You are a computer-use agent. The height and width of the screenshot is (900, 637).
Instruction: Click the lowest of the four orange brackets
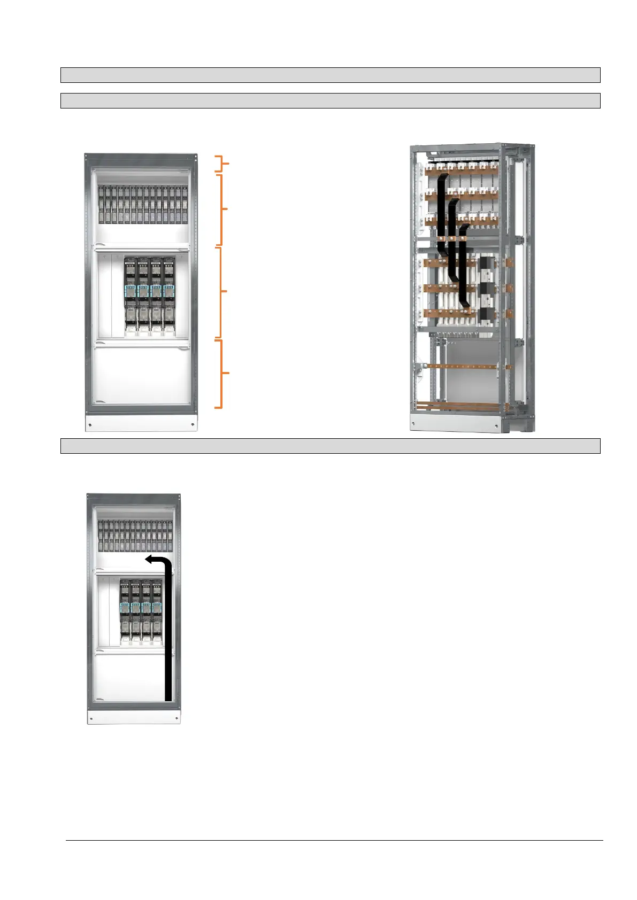[x=219, y=373]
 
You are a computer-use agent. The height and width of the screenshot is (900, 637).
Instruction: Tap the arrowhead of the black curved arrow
[x=150, y=559]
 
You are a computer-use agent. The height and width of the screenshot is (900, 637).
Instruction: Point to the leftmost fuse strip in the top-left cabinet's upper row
[x=102, y=204]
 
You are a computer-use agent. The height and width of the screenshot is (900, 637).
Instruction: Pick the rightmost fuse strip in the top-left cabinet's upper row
[x=185, y=204]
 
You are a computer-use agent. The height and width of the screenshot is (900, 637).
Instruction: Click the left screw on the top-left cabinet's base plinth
[x=90, y=425]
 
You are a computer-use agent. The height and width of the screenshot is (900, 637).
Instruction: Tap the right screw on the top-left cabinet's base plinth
[x=191, y=425]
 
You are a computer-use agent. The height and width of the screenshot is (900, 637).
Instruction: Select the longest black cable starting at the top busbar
[x=442, y=214]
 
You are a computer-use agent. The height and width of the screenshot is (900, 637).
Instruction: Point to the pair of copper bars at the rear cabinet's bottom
[x=460, y=406]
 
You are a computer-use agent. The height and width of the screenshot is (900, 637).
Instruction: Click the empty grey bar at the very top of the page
[x=330, y=75]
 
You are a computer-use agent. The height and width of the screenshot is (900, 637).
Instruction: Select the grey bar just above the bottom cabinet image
[x=330, y=446]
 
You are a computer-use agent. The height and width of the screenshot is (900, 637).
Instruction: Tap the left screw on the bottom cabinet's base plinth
[x=91, y=718]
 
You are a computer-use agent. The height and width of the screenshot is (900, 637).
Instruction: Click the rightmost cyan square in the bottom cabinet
[x=157, y=608]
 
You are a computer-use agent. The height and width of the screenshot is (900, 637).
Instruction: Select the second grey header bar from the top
[x=330, y=100]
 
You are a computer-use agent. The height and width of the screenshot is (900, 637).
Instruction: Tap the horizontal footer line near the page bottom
[x=334, y=840]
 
